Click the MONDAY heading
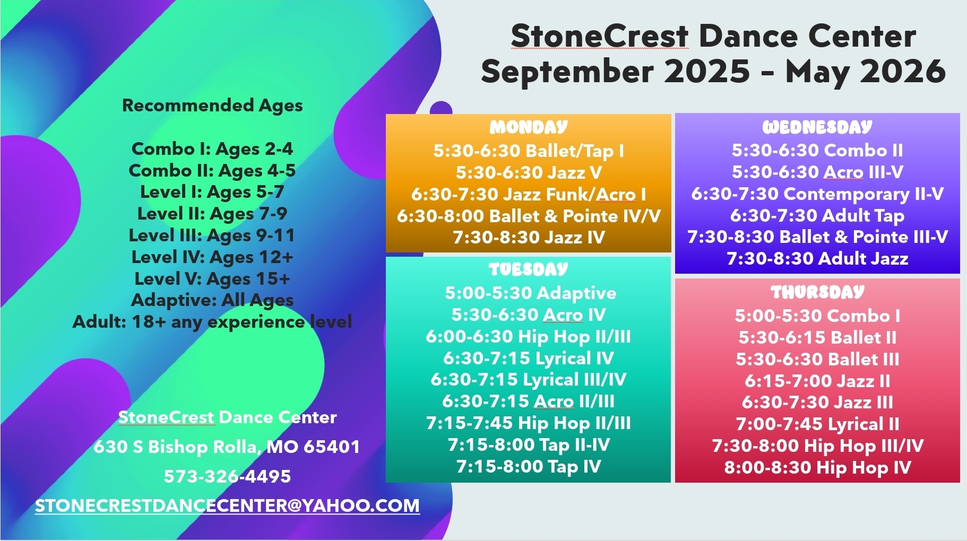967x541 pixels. [529, 127]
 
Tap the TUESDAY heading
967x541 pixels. [529, 269]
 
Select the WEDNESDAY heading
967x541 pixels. [817, 127]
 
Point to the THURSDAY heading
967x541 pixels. [817, 292]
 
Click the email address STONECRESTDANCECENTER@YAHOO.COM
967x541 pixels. [227, 505]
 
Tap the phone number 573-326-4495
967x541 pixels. [227, 476]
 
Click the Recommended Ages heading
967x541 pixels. [212, 106]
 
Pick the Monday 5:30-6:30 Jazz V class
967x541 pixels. [529, 172]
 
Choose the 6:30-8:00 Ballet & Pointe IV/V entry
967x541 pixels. [529, 216]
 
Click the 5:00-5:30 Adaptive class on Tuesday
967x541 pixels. [531, 293]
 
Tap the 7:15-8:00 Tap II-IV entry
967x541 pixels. [529, 445]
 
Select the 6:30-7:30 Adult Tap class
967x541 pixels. [817, 215]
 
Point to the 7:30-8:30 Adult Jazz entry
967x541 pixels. [817, 258]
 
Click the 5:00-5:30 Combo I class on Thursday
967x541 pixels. [817, 316]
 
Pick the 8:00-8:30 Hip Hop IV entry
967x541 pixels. [817, 467]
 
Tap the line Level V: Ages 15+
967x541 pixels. [212, 278]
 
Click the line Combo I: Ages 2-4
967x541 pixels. [212, 149]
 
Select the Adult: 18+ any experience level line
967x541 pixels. [212, 322]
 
